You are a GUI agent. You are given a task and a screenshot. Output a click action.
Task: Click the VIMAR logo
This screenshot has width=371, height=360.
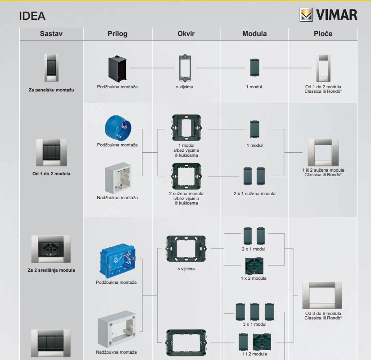pos(328,14)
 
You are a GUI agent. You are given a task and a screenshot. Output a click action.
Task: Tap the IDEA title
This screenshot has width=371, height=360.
pos(32,16)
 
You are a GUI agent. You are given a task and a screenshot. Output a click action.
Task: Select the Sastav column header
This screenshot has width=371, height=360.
pos(51,34)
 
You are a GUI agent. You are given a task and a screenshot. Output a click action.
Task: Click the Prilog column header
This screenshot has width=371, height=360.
pos(118,34)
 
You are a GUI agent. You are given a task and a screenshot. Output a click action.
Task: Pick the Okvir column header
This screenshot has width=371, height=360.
pos(186,34)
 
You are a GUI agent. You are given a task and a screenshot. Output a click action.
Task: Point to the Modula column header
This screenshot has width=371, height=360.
pos(254,34)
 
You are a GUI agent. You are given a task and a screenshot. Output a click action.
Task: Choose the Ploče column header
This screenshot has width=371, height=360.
pos(323,34)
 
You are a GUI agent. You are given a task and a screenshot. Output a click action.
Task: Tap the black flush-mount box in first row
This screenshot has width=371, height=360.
pos(118,68)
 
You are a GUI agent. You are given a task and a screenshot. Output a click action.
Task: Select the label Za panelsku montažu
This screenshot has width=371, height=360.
pos(51,90)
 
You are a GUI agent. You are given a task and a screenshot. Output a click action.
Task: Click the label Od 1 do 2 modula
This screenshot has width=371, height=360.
pos(51,173)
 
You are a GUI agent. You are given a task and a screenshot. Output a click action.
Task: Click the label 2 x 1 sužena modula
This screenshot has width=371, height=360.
pos(254,193)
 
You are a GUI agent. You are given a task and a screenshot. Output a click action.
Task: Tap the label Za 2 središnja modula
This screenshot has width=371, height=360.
pos(51,270)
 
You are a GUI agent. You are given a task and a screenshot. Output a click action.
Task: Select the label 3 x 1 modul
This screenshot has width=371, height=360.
pos(254,324)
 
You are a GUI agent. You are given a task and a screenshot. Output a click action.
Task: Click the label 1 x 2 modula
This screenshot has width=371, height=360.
pos(253,278)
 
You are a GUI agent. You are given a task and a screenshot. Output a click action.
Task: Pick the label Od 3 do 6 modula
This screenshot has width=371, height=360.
pos(323,313)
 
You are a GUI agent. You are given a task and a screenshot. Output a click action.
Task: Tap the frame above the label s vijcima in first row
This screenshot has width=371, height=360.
pos(183,68)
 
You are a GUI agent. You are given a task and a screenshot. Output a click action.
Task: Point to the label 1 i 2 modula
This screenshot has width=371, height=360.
pos(254,354)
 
